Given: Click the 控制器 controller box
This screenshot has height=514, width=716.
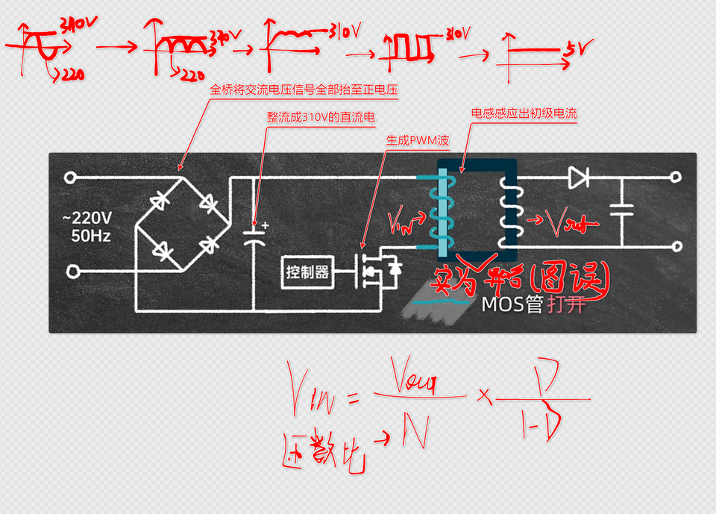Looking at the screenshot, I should pos(307,272).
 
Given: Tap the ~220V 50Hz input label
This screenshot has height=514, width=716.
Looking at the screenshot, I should pos(87,225).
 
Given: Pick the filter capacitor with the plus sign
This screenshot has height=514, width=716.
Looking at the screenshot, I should pos(254,236).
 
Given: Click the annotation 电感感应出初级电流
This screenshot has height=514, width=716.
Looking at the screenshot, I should pos(524,114).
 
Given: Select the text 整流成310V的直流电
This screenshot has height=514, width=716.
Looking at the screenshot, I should pos(320,117).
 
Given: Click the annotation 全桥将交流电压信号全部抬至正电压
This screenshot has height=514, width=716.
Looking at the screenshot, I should pos(305,90).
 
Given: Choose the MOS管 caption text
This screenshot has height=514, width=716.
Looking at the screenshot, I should pos(512,304).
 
